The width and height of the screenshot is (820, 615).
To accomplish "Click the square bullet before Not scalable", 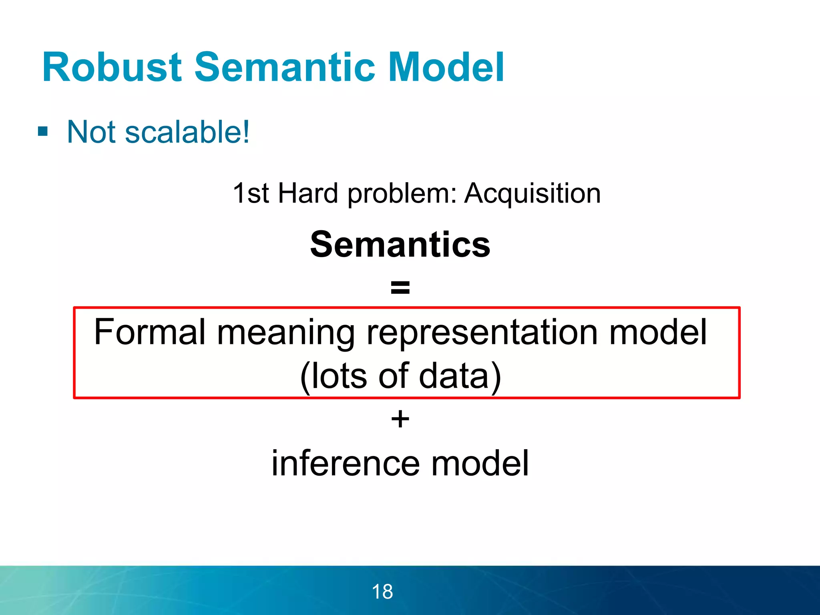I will point(43,131).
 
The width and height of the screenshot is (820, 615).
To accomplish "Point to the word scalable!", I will point(187,132).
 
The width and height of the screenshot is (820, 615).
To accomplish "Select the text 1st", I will point(251,193).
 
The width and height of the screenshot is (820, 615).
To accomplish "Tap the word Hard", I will point(308,193).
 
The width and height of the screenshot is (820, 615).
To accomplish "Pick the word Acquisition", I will point(532,193).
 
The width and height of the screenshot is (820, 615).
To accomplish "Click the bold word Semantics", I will point(400,245).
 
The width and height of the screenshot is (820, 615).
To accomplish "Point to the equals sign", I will point(400,287).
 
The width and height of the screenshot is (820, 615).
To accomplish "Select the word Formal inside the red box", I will point(150,332).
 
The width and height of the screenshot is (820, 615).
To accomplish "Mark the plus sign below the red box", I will point(400,420).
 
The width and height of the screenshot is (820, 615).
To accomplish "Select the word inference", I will point(346,463).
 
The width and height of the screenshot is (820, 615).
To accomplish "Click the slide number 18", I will point(382,592).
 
